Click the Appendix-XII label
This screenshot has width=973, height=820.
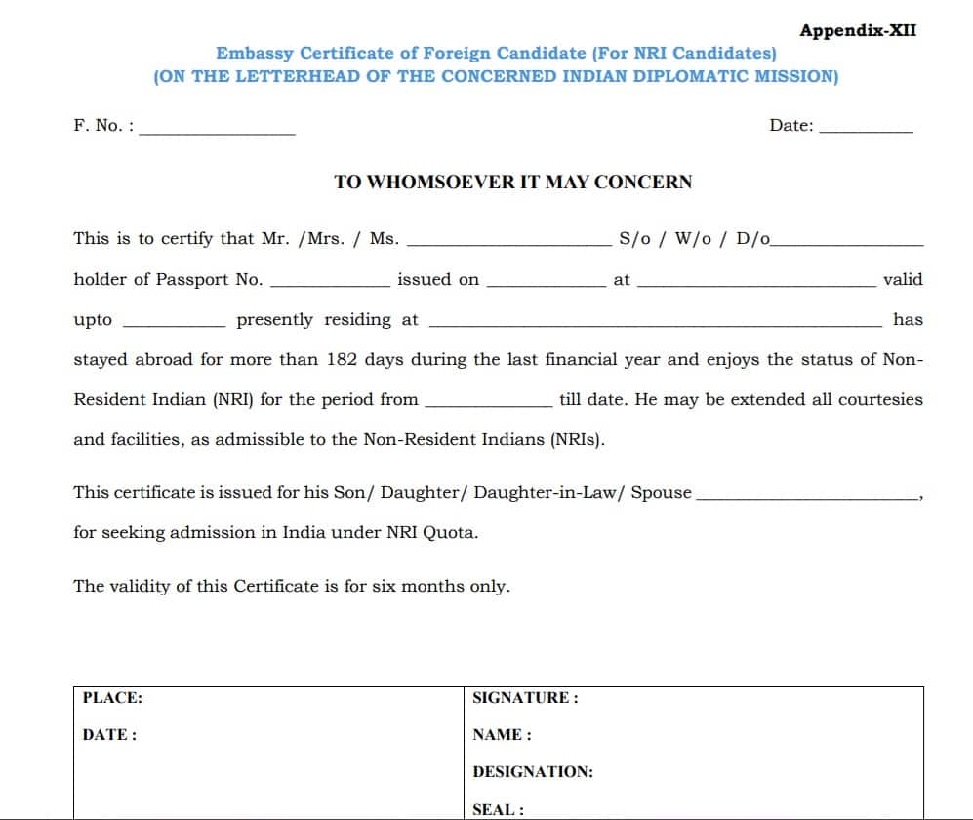click(x=858, y=30)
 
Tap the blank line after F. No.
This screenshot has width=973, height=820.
click(x=217, y=132)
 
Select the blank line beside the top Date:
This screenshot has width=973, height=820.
click(x=866, y=130)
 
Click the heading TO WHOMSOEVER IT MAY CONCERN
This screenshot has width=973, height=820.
click(x=512, y=183)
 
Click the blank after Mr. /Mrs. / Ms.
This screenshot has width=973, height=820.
click(x=508, y=243)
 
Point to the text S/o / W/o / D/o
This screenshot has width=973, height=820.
click(x=694, y=239)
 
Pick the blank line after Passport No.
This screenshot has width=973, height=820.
click(x=330, y=284)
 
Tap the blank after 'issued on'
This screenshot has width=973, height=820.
click(x=546, y=284)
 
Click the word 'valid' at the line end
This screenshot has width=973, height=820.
click(x=902, y=280)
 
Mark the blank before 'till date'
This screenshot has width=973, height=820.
click(x=489, y=404)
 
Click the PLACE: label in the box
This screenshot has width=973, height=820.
click(x=112, y=698)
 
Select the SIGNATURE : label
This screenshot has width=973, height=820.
click(x=525, y=698)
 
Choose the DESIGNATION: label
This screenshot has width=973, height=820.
click(x=533, y=772)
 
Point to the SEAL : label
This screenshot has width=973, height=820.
click(x=498, y=809)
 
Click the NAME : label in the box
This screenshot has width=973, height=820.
click(x=502, y=735)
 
